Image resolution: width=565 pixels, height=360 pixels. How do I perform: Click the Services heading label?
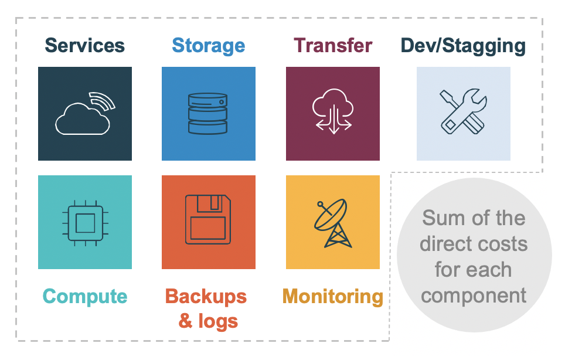[84, 45]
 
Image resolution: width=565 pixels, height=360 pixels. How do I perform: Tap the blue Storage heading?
[209, 46]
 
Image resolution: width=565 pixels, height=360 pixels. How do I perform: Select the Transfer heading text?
[333, 45]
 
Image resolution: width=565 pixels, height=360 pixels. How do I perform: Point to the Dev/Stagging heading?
[463, 46]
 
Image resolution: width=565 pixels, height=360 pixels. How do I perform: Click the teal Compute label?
[85, 297]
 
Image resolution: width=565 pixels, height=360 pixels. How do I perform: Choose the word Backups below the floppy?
[206, 297]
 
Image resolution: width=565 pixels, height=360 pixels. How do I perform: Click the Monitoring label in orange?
[332, 297]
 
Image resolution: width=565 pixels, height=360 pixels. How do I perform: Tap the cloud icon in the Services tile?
[82, 119]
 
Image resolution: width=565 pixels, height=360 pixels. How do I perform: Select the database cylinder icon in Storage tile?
[208, 114]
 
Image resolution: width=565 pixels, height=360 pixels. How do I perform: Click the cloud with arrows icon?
[333, 111]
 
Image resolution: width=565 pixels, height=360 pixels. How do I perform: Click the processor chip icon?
[86, 223]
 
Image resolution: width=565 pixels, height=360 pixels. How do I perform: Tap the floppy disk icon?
[208, 219]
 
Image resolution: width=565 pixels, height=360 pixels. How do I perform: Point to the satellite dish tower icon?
[333, 223]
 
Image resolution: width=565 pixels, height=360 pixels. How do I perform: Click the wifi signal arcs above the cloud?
[103, 101]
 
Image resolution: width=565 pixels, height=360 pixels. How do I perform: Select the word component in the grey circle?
[474, 296]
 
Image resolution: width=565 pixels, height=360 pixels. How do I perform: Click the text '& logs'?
[208, 321]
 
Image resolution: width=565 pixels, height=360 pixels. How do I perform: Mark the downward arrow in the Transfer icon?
[334, 119]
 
